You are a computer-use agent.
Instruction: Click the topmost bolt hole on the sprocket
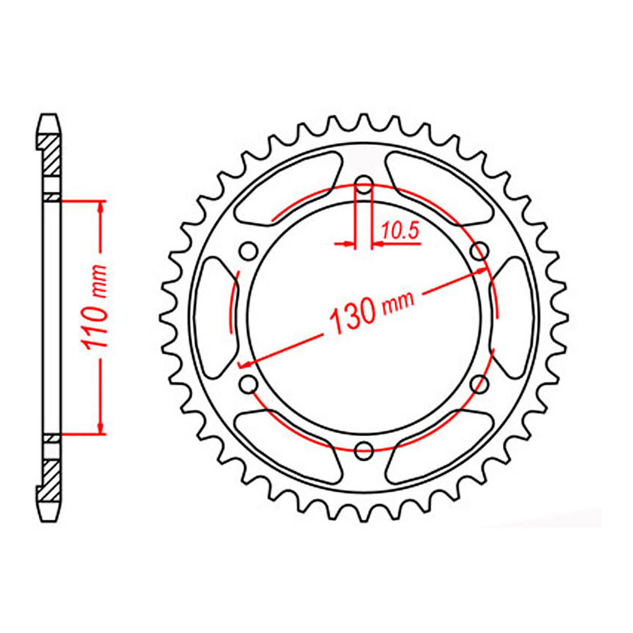pos(365,185)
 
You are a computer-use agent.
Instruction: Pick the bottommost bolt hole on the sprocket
pos(365,451)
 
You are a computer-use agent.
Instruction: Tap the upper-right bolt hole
pos(480,251)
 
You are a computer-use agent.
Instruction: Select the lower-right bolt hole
pos(480,384)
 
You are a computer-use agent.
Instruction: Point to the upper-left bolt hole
pos(249,251)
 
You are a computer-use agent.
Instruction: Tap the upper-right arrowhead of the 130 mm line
pos(481,271)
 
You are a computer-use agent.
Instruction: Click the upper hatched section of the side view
pos(50,154)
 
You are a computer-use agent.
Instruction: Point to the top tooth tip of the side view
pos(50,117)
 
